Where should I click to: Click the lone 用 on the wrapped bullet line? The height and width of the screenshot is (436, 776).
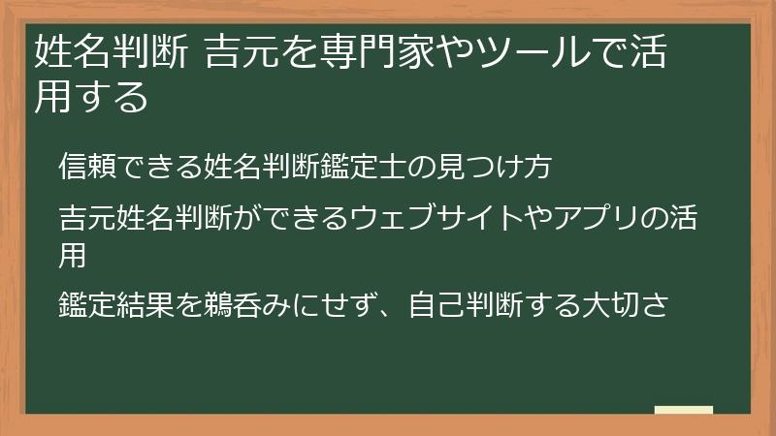72,254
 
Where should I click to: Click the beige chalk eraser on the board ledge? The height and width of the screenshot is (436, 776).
684,410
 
